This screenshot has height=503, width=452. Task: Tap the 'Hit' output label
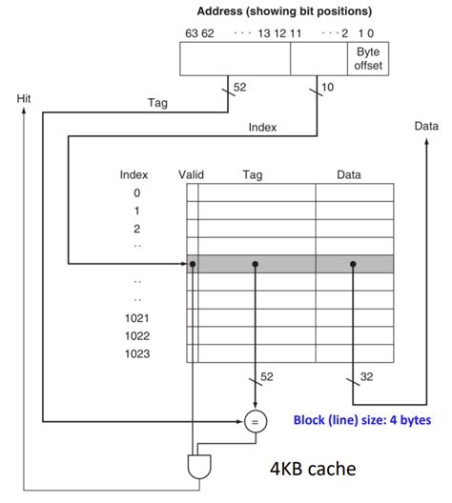(x=24, y=98)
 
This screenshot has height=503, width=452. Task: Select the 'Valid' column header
(x=192, y=174)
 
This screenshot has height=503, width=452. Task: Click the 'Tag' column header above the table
(x=253, y=174)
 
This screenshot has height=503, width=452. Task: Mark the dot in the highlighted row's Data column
(x=353, y=264)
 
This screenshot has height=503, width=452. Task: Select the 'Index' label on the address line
(x=262, y=126)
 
